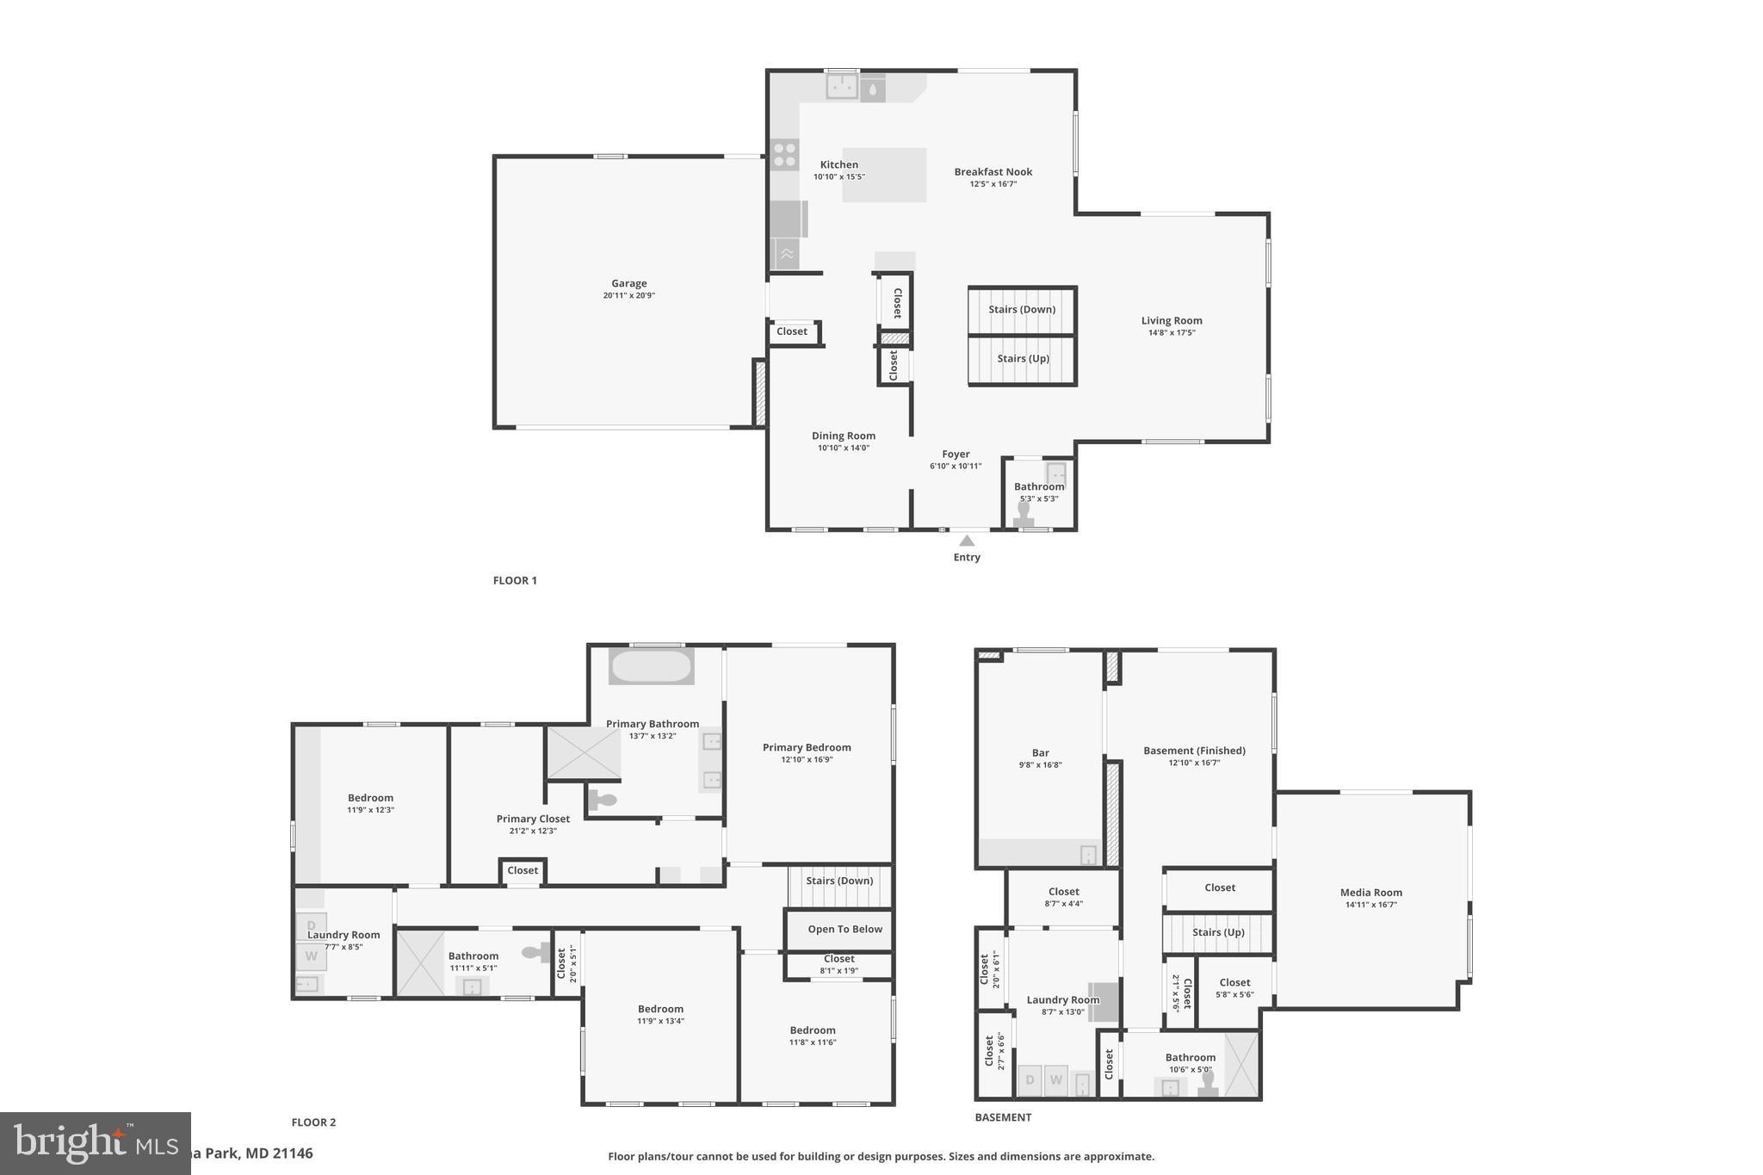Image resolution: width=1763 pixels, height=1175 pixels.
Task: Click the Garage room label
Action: pyautogui.click(x=628, y=283)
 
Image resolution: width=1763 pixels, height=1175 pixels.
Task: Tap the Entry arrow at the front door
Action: pyautogui.click(x=967, y=541)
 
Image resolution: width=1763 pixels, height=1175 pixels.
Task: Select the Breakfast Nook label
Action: pyautogui.click(x=993, y=172)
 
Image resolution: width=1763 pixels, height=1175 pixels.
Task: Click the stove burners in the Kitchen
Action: pyautogui.click(x=784, y=155)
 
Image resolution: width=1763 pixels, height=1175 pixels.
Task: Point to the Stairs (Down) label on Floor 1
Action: pyautogui.click(x=1022, y=310)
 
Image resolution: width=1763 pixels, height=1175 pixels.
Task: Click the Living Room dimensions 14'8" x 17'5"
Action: pyautogui.click(x=1172, y=333)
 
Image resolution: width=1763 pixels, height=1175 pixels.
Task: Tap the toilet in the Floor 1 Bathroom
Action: pyautogui.click(x=1024, y=514)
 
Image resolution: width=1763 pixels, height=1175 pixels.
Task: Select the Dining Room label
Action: pyautogui.click(x=843, y=436)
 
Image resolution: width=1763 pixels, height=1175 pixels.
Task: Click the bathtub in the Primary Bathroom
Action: pyautogui.click(x=651, y=666)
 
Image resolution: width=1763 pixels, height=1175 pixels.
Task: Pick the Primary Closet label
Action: pyautogui.click(x=533, y=819)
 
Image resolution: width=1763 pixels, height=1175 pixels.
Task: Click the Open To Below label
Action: pyautogui.click(x=844, y=930)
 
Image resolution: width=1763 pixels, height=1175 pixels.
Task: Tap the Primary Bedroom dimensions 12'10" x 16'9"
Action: pyautogui.click(x=807, y=760)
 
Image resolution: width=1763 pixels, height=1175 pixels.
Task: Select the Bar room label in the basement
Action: pyautogui.click(x=1040, y=753)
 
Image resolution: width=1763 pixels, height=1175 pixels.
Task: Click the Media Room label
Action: pyautogui.click(x=1370, y=893)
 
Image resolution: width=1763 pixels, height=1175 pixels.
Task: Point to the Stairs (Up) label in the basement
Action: pyautogui.click(x=1218, y=933)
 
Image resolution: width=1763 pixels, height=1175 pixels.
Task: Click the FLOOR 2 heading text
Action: pyautogui.click(x=313, y=1122)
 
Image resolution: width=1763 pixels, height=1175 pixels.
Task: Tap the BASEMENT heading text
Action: pyautogui.click(x=1003, y=1117)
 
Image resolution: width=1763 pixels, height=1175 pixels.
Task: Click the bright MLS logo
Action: pyautogui.click(x=95, y=1143)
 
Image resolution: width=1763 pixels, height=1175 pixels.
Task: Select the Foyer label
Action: pyautogui.click(x=956, y=455)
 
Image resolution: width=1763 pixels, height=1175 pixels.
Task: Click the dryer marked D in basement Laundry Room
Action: pyautogui.click(x=1030, y=1080)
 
